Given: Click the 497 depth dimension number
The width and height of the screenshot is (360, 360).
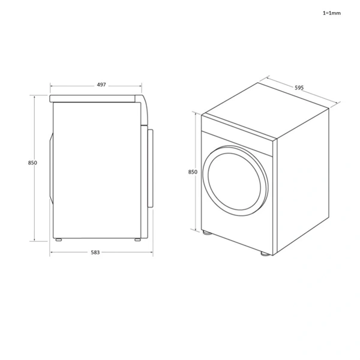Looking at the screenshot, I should point(101,85).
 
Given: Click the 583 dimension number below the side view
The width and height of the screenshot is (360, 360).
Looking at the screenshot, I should point(95,253).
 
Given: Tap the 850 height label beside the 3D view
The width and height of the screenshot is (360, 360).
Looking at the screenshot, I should point(193,172).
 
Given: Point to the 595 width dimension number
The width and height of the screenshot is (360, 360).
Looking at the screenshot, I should point(299,88).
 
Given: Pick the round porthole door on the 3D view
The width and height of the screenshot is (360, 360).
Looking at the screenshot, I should point(236,178).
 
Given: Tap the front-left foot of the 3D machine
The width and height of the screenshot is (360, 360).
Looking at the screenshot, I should point(207,233).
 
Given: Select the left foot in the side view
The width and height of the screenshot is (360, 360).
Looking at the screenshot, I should point(58,240).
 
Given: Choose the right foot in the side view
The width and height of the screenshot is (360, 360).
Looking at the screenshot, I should point(137,240).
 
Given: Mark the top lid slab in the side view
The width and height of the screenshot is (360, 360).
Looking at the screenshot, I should point(96,98).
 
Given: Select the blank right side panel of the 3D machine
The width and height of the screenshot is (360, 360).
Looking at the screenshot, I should point(303,180).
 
